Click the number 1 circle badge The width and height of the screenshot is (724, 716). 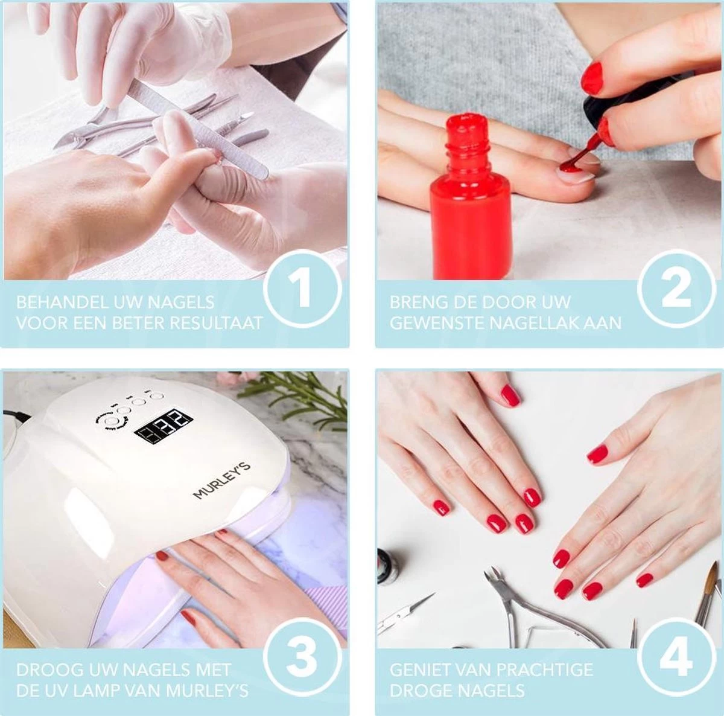tap(302, 290)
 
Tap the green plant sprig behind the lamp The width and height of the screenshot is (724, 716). tap(296, 392)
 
